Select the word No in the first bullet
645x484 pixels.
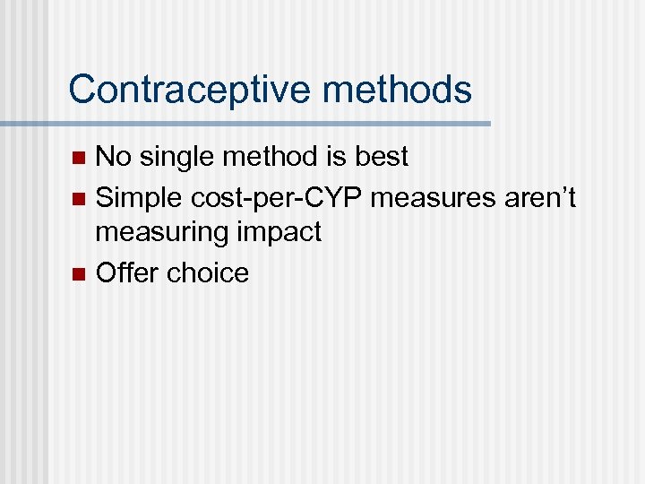click(x=112, y=157)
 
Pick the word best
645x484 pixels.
click(x=379, y=157)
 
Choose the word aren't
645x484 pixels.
click(x=536, y=195)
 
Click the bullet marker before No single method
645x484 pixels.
click(x=79, y=159)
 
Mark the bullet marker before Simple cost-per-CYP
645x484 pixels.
click(x=79, y=197)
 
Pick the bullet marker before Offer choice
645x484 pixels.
click(x=79, y=272)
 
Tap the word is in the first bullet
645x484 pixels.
click(x=332, y=157)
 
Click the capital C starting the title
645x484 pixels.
click(x=82, y=90)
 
